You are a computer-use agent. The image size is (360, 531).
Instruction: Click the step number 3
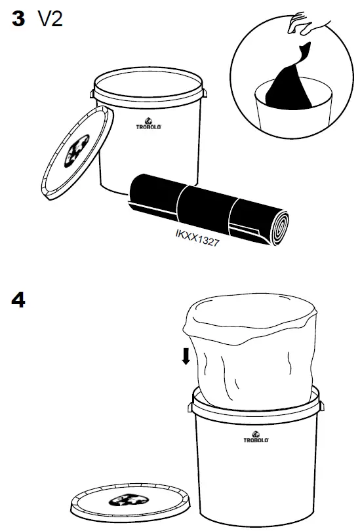pos(18,20)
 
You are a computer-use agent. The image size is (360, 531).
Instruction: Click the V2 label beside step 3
pos(50,20)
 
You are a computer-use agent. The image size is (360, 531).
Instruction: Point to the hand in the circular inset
pos(313,23)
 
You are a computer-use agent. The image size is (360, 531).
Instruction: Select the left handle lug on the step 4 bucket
pos(190,407)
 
